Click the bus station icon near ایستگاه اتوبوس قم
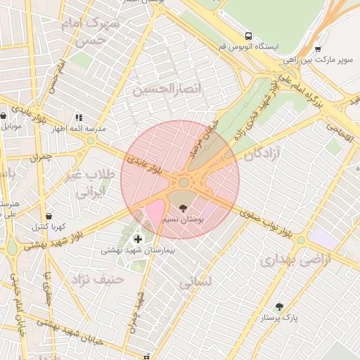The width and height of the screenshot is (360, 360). coord(248,36)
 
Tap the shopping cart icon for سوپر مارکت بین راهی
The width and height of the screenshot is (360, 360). coord(318,50)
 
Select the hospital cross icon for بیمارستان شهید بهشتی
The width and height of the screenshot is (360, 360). coord(137,239)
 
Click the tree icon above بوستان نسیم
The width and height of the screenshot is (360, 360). coord(184,209)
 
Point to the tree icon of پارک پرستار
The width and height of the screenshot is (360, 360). coord(280,307)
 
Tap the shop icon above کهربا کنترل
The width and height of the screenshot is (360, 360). coord(49,216)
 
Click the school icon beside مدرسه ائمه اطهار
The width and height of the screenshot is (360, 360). coord(79,117)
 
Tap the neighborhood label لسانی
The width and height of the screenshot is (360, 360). coord(195,283)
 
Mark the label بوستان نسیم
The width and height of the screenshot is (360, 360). coord(184,220)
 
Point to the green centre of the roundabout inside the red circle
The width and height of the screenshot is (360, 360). coord(184,183)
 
